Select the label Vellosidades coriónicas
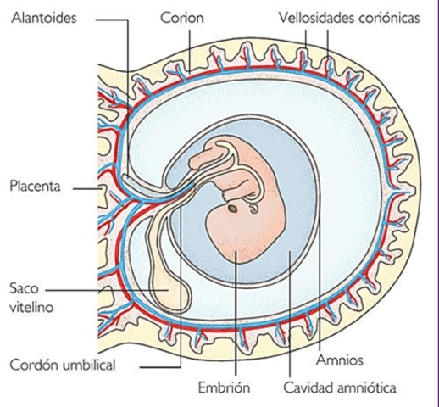click(x=349, y=18)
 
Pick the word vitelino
click(x=34, y=308)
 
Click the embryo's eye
click(x=231, y=206)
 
